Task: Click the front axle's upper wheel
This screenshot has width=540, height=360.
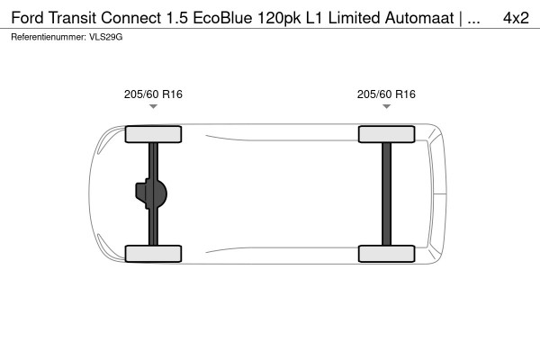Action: tap(153, 135)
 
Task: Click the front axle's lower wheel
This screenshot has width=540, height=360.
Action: tap(153, 253)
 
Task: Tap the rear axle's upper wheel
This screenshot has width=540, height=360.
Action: tap(386, 135)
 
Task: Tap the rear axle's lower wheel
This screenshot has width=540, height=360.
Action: tap(386, 253)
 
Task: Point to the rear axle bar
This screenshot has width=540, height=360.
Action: tap(386, 193)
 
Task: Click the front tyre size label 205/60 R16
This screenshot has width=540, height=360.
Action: tap(153, 94)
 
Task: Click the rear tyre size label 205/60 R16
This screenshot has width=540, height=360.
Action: tap(386, 94)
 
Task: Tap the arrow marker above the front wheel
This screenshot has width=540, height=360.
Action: tap(153, 107)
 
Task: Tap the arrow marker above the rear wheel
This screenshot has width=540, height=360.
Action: tap(386, 107)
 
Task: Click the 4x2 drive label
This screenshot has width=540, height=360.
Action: tap(515, 18)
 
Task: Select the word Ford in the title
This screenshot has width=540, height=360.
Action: tap(29, 18)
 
